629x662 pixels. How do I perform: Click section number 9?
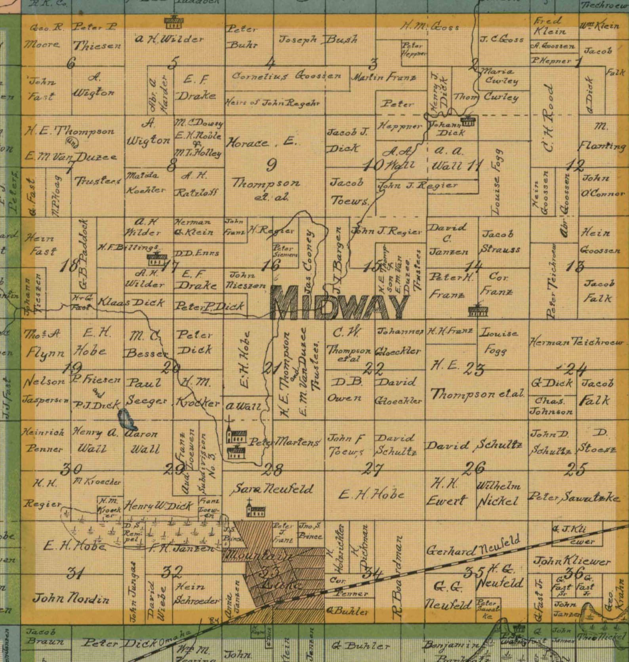(x=271, y=165)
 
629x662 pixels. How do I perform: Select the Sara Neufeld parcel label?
(x=272, y=489)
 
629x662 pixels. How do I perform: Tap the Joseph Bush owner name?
(x=318, y=39)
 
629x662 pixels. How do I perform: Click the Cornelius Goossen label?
(x=286, y=76)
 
